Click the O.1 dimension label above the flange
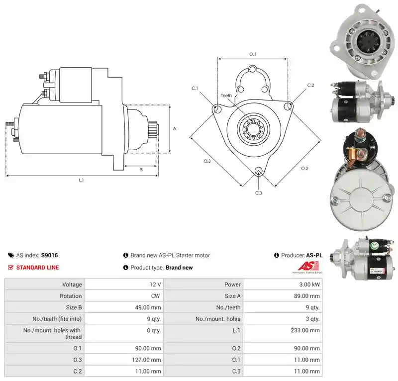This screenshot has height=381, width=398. click(253, 54)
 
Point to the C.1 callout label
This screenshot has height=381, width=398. click(195, 88)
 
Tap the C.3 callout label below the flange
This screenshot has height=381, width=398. click(258, 193)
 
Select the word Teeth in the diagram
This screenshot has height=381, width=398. click(226, 95)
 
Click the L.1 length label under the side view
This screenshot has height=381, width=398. click(81, 180)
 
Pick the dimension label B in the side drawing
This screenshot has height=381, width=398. click(141, 170)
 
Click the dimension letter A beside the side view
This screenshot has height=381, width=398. click(175, 129)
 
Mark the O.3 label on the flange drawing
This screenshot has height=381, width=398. click(207, 161)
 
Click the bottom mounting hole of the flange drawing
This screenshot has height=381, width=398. click(259, 170)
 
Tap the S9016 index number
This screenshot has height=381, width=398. click(49, 255)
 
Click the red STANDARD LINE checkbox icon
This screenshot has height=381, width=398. click(10, 267)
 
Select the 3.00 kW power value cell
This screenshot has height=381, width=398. click(283, 285)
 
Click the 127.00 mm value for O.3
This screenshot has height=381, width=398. click(123, 360)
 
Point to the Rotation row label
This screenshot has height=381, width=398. click(71, 296)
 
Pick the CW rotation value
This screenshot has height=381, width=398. click(155, 296)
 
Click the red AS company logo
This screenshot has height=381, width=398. click(307, 267)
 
